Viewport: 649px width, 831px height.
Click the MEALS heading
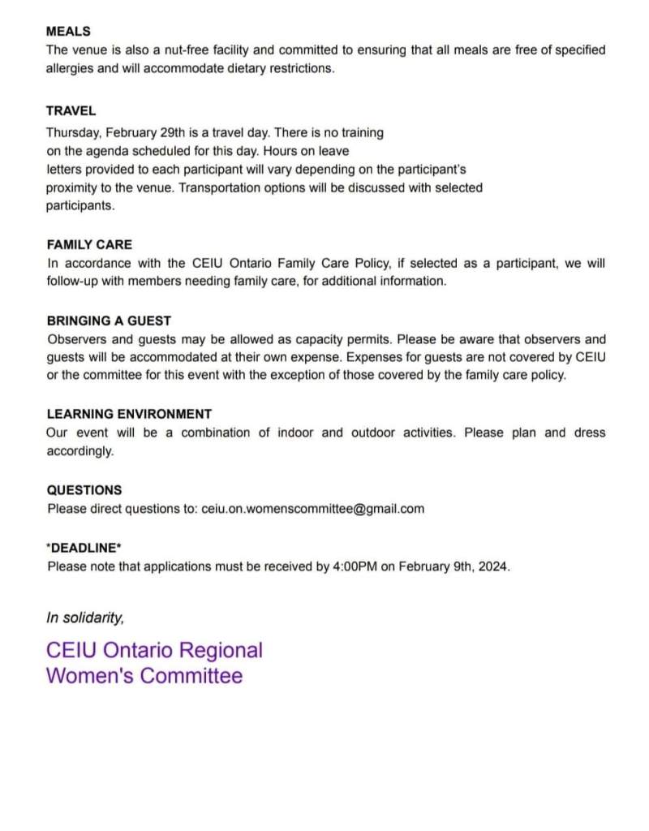(69, 32)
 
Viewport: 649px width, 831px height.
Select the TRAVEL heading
(71, 110)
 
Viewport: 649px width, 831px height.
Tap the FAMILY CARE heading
(89, 244)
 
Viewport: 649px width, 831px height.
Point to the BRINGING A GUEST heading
(109, 321)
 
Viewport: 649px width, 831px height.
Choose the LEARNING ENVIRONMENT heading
(129, 413)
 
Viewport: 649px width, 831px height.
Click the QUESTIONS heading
(84, 490)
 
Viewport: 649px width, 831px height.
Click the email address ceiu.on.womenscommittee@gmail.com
(312, 509)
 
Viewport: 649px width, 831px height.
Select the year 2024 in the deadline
(493, 566)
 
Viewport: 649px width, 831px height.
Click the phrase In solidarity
(85, 618)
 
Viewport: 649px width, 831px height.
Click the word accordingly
(80, 451)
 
